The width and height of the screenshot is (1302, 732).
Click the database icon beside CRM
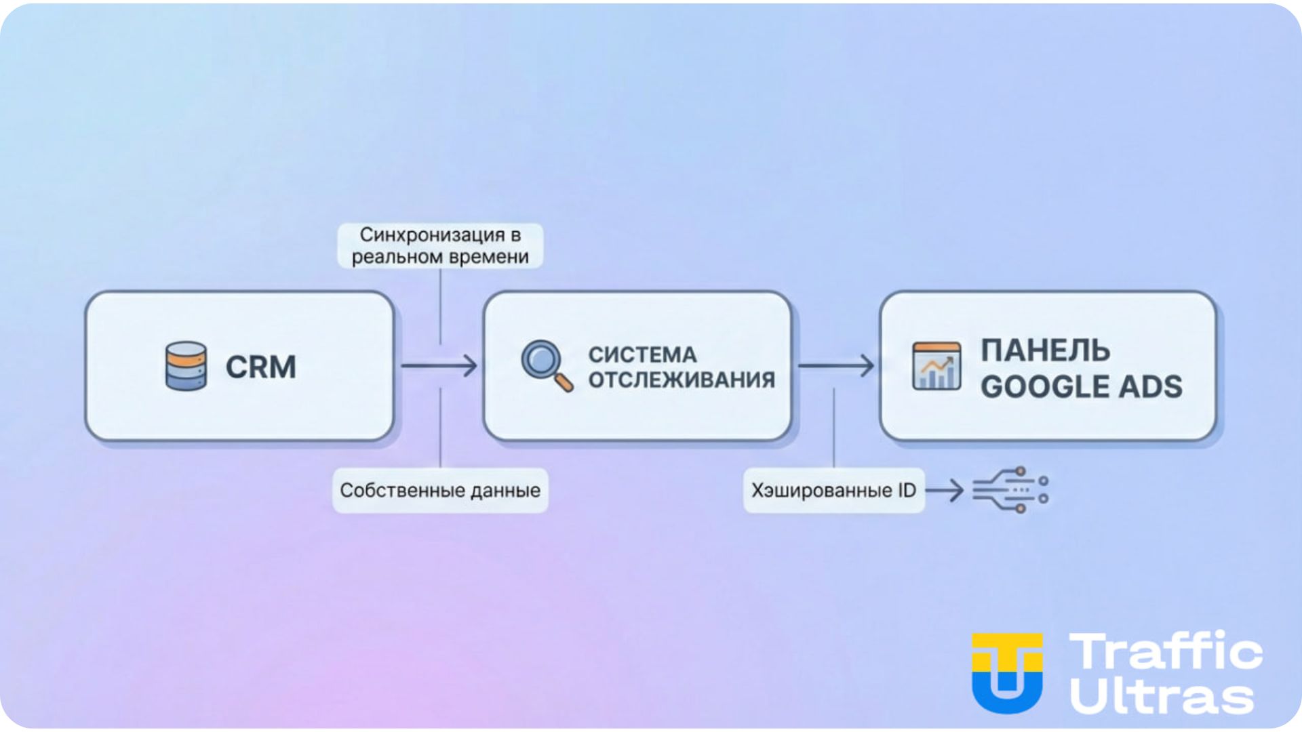[186, 366]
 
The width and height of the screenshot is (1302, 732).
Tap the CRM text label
[261, 367]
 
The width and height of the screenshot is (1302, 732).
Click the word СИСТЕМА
[642, 354]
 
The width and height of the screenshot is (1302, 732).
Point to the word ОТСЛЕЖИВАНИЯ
[682, 380]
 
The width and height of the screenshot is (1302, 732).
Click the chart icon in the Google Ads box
[936, 366]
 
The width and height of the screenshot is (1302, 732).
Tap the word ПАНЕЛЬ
[1045, 350]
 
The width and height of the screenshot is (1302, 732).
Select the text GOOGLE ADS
[1081, 386]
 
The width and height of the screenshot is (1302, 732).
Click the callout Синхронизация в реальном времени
[440, 245]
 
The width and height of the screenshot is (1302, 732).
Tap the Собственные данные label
[440, 490]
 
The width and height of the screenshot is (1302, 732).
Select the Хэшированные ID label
[833, 490]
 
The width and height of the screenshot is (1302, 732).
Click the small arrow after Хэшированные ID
[945, 490]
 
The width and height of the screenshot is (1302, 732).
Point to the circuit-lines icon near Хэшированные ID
[1010, 489]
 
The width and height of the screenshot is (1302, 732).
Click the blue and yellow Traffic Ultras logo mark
[1007, 672]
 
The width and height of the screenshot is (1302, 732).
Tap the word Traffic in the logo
[1166, 651]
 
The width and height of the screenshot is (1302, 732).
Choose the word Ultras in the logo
[1162, 696]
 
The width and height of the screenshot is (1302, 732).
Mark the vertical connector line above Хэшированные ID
[833, 427]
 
